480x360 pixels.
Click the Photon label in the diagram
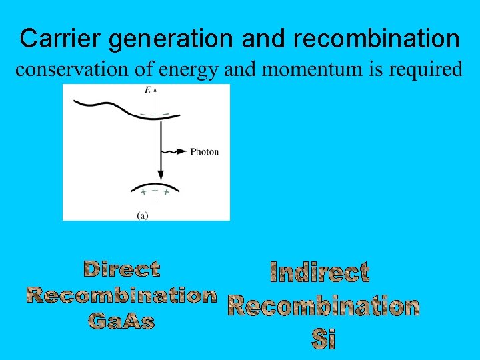204,152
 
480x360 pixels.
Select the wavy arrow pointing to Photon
174,152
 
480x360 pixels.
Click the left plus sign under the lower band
142,192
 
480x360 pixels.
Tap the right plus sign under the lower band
165,192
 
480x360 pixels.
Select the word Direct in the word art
122,269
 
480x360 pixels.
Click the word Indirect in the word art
319,272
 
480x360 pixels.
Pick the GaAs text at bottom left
121,321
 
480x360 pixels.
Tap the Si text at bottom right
323,339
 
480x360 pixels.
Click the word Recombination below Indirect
323,306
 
